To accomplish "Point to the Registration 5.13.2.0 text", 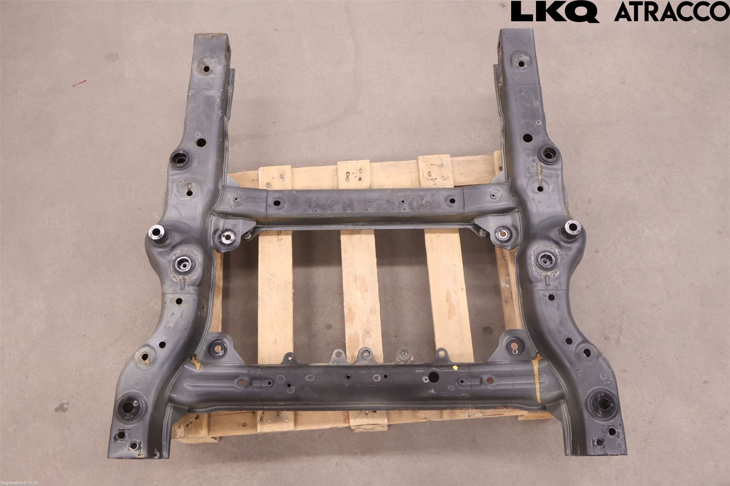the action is (21, 482).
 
